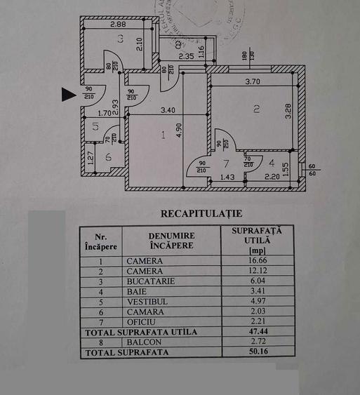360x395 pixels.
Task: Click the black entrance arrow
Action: [x=68, y=94]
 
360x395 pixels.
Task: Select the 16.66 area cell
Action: [x=255, y=260]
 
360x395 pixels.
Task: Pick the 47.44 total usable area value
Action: [x=255, y=331]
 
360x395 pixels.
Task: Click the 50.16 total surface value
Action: [x=255, y=352]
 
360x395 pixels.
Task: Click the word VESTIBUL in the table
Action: [x=146, y=301]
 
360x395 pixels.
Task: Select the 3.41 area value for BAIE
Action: [x=255, y=290]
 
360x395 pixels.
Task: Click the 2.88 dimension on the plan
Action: [x=119, y=25]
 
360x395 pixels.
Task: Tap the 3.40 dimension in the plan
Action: [x=167, y=110]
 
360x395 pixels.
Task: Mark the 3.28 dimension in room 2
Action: [x=288, y=112]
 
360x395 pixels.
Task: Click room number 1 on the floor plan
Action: [x=163, y=135]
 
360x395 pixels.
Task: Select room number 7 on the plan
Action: [x=226, y=163]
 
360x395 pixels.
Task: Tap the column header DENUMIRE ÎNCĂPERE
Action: [x=171, y=241]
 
